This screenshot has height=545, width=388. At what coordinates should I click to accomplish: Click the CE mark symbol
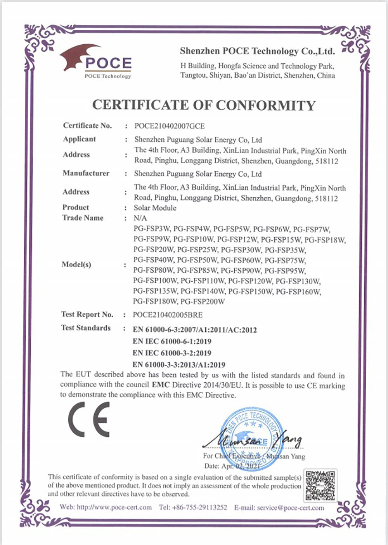[89, 420]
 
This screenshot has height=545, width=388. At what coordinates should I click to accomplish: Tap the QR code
[320, 485]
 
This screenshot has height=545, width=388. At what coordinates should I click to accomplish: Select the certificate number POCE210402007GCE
[170, 126]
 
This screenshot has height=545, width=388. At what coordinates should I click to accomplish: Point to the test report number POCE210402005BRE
[168, 315]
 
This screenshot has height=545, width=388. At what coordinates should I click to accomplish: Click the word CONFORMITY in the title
[266, 105]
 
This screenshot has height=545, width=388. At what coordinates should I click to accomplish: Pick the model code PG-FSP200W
[203, 301]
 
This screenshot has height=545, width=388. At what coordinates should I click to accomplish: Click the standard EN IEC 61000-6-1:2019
[172, 341]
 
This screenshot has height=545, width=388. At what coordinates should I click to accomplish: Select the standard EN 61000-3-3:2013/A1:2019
[179, 365]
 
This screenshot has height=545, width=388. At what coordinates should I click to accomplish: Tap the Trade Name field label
[83, 218]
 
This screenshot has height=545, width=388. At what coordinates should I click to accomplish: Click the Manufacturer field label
[86, 173]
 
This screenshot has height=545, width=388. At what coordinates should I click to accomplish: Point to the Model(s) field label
[76, 265]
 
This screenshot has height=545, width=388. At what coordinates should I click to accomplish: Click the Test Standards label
[86, 328]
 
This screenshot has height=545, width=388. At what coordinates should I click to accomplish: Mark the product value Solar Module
[155, 208]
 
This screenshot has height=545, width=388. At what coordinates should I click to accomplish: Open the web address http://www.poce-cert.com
[114, 507]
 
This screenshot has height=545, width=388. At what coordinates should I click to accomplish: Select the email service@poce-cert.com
[291, 508]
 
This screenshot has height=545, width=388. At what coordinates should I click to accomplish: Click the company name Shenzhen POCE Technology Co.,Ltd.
[257, 51]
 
